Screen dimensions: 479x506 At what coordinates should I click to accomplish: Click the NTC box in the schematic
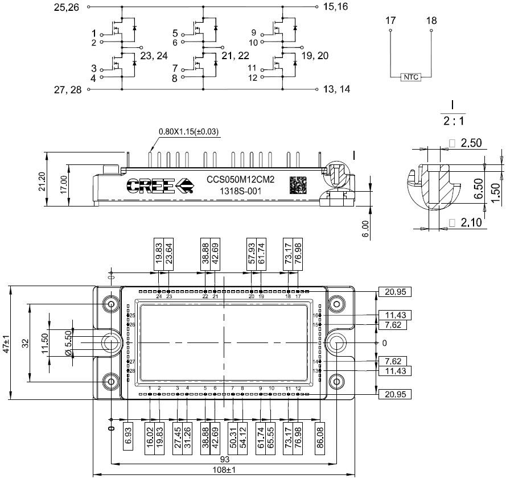click(x=411, y=77)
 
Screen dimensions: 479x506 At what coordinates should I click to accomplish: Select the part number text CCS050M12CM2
click(x=240, y=180)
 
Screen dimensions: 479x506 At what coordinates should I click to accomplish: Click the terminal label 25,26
click(x=66, y=7)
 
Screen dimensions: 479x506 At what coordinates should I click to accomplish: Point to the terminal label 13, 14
click(x=336, y=89)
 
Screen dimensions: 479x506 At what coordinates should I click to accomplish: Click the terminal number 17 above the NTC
click(x=390, y=20)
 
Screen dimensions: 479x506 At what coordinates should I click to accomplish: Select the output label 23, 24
click(x=154, y=56)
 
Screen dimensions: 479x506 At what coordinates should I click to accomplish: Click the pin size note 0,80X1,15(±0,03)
click(x=188, y=132)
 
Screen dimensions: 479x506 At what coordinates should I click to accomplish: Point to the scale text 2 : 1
click(x=452, y=121)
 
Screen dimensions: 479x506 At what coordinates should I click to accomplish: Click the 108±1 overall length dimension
click(x=224, y=470)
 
